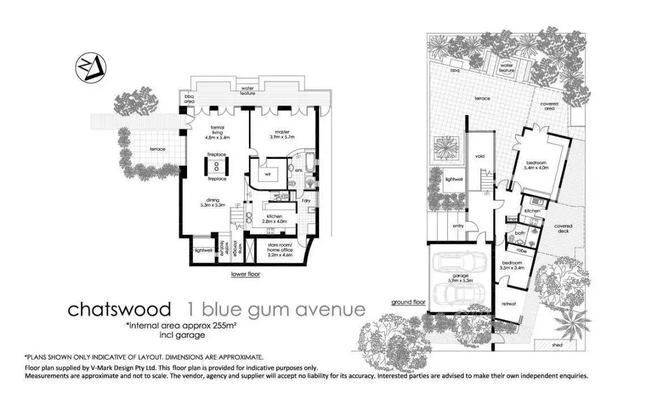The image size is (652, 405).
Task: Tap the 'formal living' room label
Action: [x=217, y=128]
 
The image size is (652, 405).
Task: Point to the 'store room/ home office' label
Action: [x=280, y=248]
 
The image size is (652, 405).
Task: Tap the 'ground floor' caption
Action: [x=408, y=302]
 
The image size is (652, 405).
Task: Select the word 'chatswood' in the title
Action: [x=119, y=310]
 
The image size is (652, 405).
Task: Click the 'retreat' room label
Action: [x=509, y=304]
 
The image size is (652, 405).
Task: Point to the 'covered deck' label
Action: [x=563, y=229]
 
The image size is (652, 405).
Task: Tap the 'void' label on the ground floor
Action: [x=479, y=156]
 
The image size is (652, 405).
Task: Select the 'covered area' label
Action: [x=549, y=107]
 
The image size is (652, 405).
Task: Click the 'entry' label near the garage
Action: [x=458, y=226]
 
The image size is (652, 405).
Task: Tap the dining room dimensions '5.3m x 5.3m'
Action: [x=213, y=205]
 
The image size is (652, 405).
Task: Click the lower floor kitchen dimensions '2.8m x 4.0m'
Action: [x=274, y=221]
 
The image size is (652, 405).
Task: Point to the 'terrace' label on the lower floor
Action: [x=157, y=149]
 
